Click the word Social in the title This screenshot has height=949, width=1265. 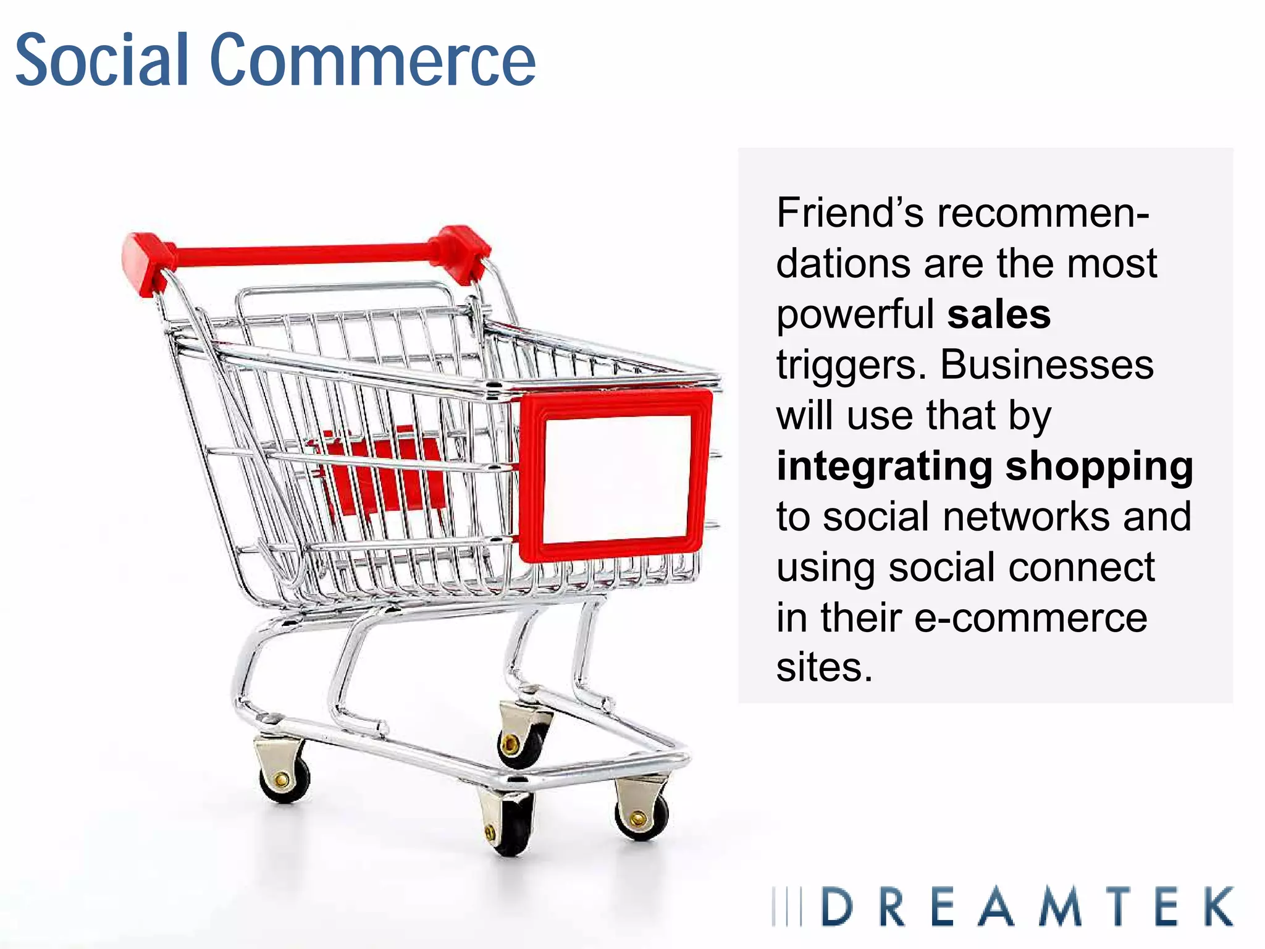[x=102, y=60]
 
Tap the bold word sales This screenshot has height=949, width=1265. [x=999, y=314]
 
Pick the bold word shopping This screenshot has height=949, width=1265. [x=1099, y=467]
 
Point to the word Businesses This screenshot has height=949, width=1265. [x=1046, y=365]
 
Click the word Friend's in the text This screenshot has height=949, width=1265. [x=850, y=213]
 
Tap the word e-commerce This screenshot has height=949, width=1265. [x=1030, y=618]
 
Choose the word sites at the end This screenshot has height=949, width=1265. [x=824, y=669]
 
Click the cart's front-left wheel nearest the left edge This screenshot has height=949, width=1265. [x=284, y=778]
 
